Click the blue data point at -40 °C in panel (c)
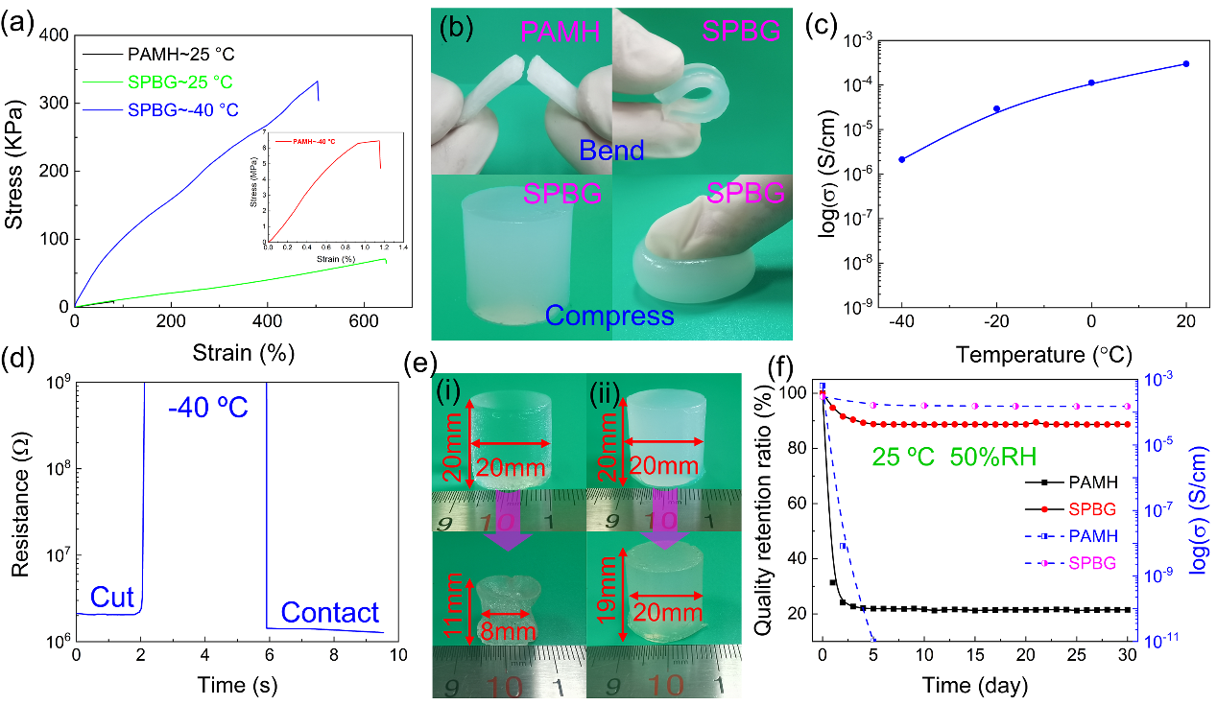point(902,159)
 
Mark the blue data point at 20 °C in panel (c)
point(1186,64)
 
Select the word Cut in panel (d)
point(113,599)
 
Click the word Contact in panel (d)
point(329,612)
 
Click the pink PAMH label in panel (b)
point(561,35)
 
